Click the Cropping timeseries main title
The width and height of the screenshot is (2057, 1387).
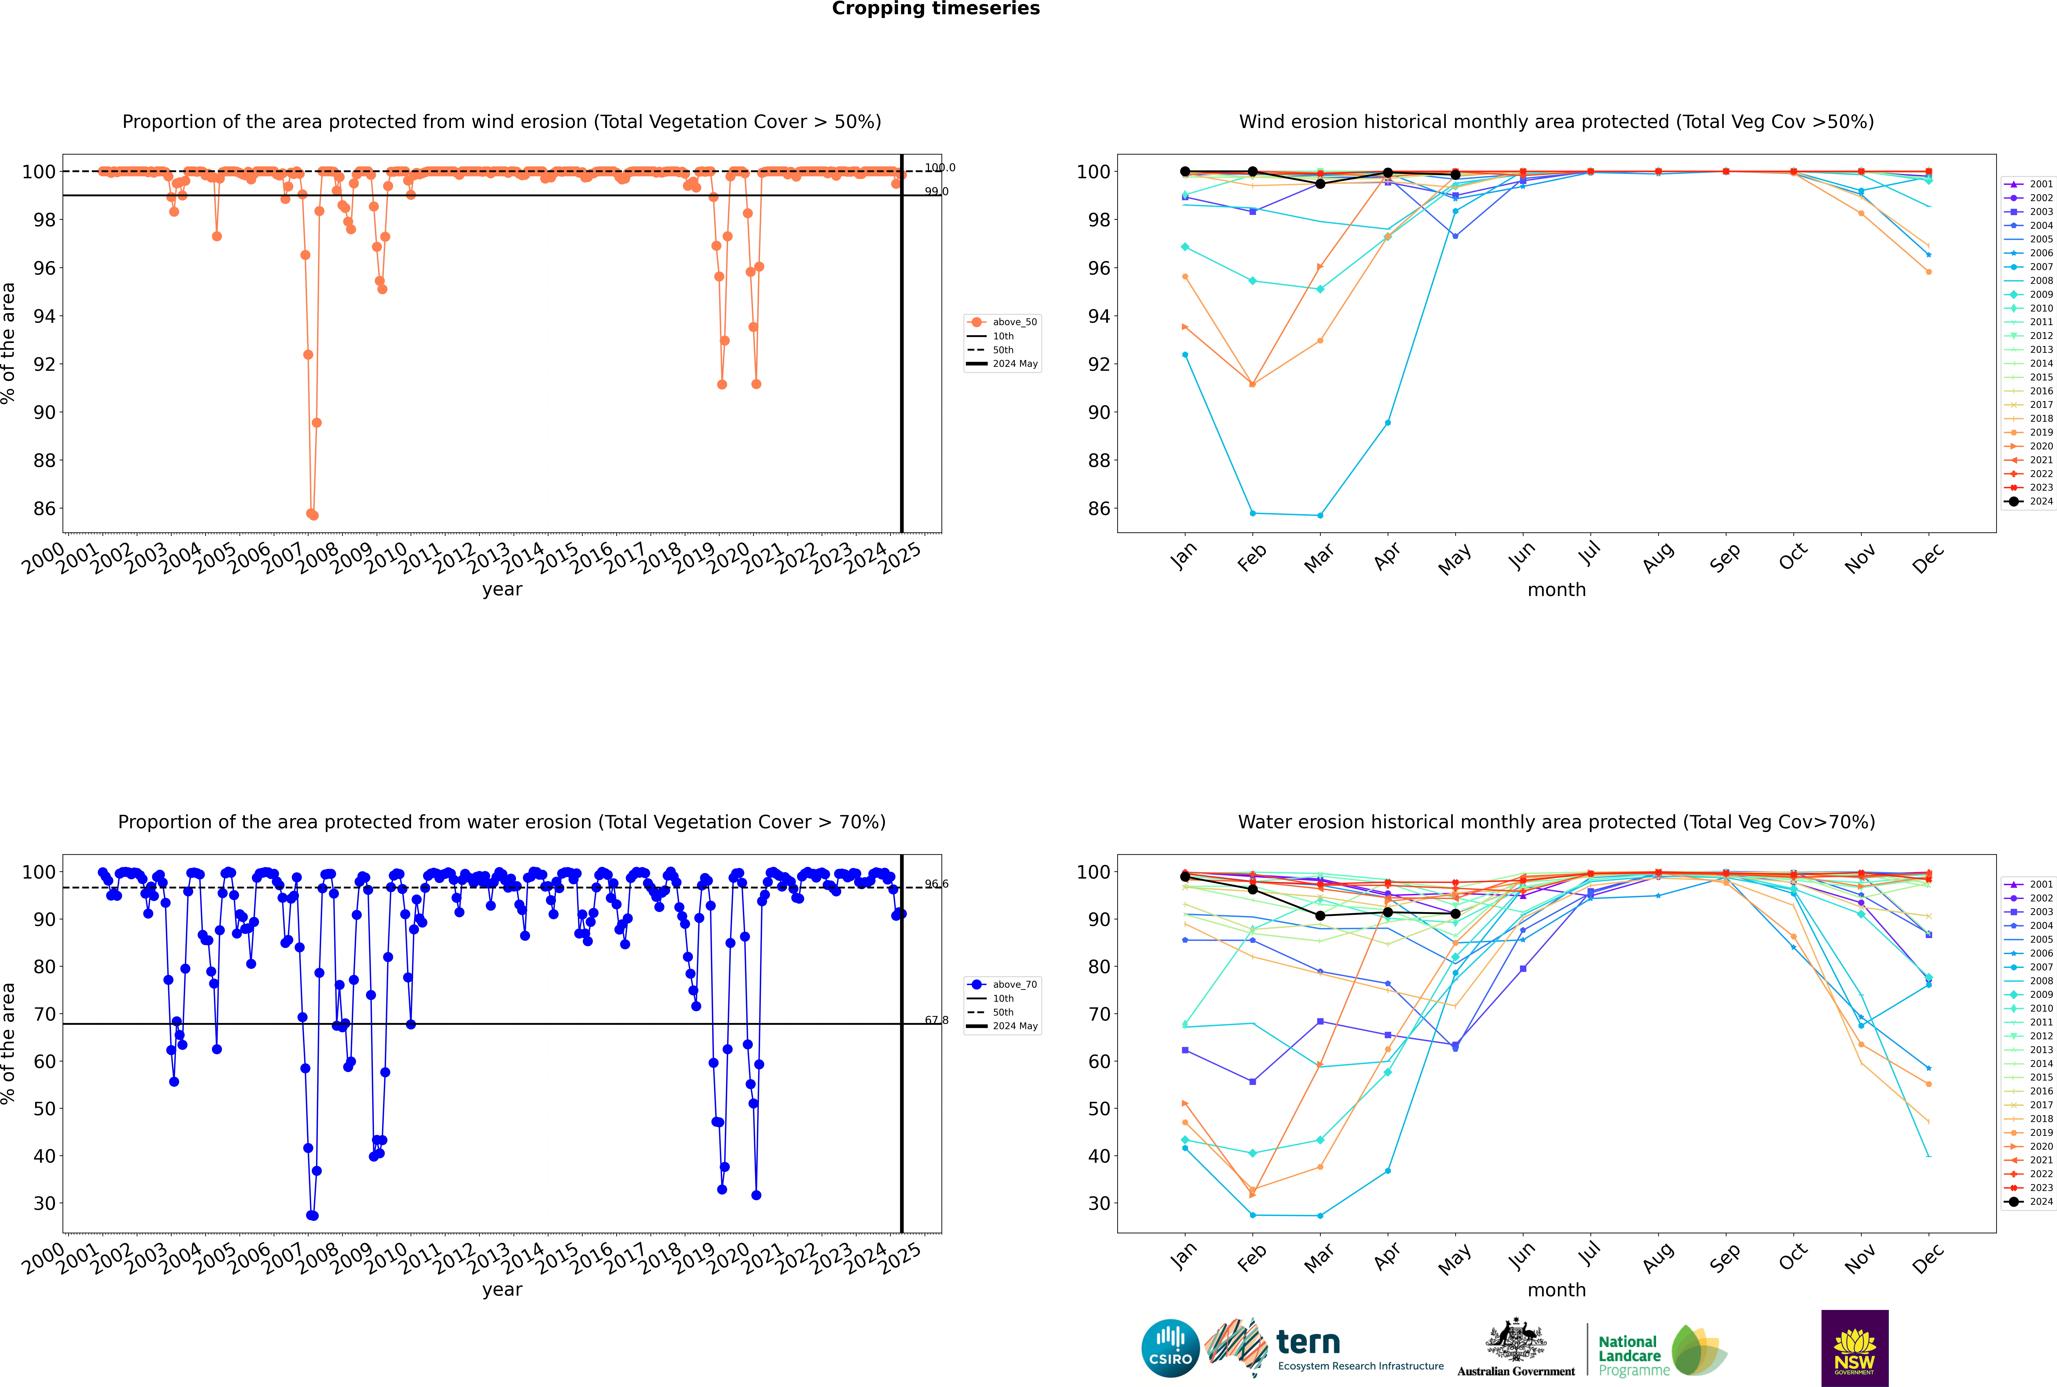click(x=936, y=9)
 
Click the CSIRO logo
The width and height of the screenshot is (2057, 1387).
click(x=1170, y=1348)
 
